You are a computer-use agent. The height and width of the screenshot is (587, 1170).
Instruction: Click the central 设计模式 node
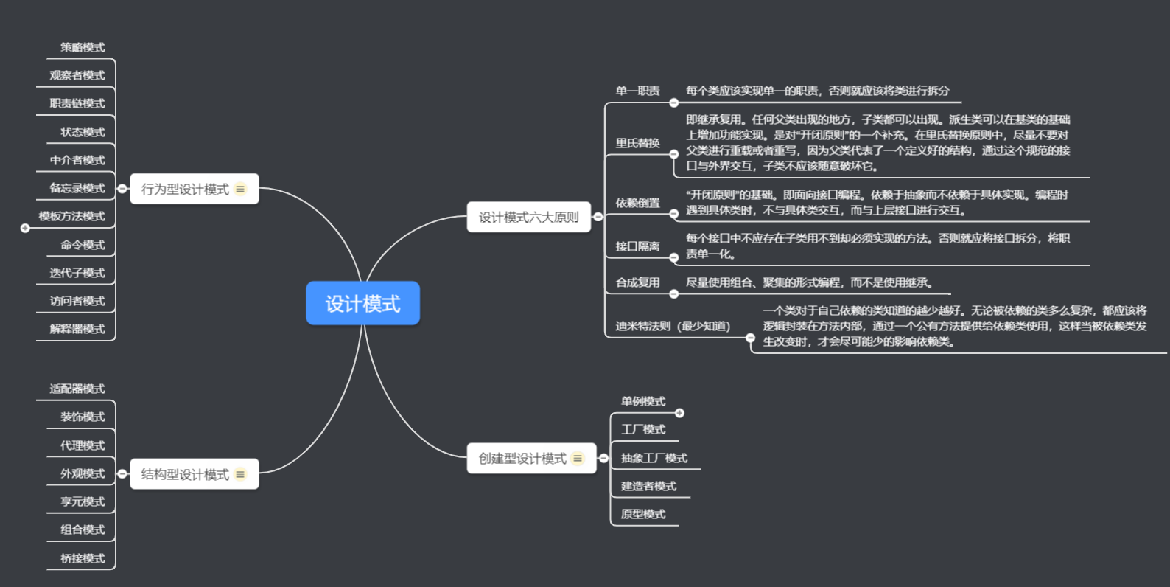362,303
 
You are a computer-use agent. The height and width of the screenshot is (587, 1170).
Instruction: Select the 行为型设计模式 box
186,190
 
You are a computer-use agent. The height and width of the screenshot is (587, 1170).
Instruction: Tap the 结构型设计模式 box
186,474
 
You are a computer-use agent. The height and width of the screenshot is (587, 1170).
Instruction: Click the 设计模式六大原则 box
528,218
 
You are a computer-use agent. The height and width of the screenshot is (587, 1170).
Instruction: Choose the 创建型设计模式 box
522,459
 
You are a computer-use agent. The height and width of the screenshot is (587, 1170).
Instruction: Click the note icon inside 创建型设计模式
578,459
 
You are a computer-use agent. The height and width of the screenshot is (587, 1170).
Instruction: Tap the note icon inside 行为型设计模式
240,190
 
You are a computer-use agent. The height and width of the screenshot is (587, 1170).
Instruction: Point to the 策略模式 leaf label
83,47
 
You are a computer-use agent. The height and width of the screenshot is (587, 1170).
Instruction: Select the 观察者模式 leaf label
77,75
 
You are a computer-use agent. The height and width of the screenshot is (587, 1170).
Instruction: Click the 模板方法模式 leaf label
72,216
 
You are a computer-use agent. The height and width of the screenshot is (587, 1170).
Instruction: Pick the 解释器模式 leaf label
77,329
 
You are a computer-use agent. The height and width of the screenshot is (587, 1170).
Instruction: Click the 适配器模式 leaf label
77,389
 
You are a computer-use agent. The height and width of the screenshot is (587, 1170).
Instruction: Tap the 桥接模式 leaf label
83,558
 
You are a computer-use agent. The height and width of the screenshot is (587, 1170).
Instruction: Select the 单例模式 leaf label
643,401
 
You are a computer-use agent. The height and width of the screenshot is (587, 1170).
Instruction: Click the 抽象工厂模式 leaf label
654,458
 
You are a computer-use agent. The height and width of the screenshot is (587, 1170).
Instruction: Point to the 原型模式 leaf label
643,514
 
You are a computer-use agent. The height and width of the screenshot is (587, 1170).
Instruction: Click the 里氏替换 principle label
638,143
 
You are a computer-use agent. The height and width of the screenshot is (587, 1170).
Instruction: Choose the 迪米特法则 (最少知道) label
673,326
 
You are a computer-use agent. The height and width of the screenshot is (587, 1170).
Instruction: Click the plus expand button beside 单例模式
680,413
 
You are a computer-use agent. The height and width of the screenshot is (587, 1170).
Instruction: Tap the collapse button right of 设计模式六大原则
598,217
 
